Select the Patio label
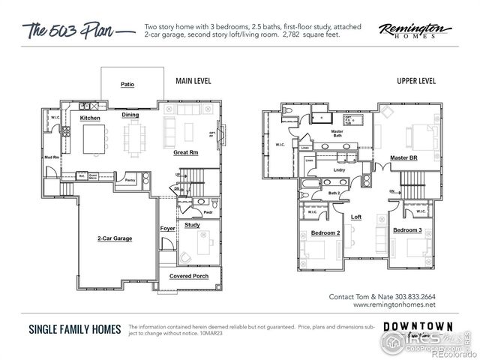click(x=127, y=85)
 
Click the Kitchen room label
click(x=91, y=118)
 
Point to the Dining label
click(x=130, y=115)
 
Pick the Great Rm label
click(x=185, y=153)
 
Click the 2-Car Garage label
click(x=114, y=238)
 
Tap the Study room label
click(x=192, y=224)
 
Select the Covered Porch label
click(x=188, y=276)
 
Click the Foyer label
click(x=167, y=228)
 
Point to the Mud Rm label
click(x=52, y=157)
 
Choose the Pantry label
click(x=130, y=180)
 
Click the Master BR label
click(x=404, y=157)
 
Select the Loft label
click(x=357, y=217)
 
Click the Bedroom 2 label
click(x=325, y=234)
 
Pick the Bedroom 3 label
click(x=407, y=229)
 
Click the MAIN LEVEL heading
click(x=192, y=80)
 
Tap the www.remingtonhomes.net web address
click(x=393, y=304)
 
